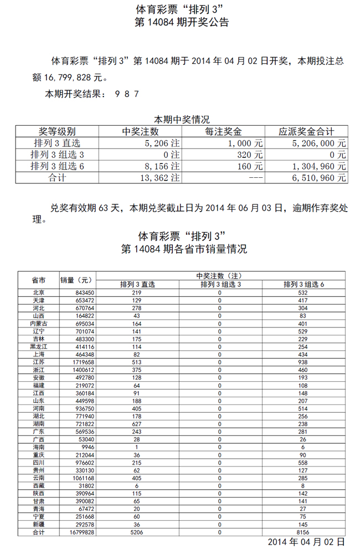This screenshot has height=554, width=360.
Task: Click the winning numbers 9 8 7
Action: (x=126, y=94)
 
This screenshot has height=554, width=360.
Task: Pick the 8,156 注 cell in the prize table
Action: (x=162, y=166)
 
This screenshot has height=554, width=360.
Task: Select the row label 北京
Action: (x=39, y=293)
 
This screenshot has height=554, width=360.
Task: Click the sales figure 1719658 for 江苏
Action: (x=81, y=362)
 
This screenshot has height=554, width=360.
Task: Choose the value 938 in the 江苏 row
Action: (x=303, y=362)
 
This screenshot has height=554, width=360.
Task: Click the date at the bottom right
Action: (x=306, y=541)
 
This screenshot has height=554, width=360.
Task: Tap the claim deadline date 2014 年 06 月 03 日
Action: (x=244, y=208)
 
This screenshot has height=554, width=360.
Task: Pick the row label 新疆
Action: (x=39, y=524)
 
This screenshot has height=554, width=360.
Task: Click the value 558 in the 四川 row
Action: (x=303, y=463)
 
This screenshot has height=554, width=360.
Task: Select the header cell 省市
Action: (x=39, y=280)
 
